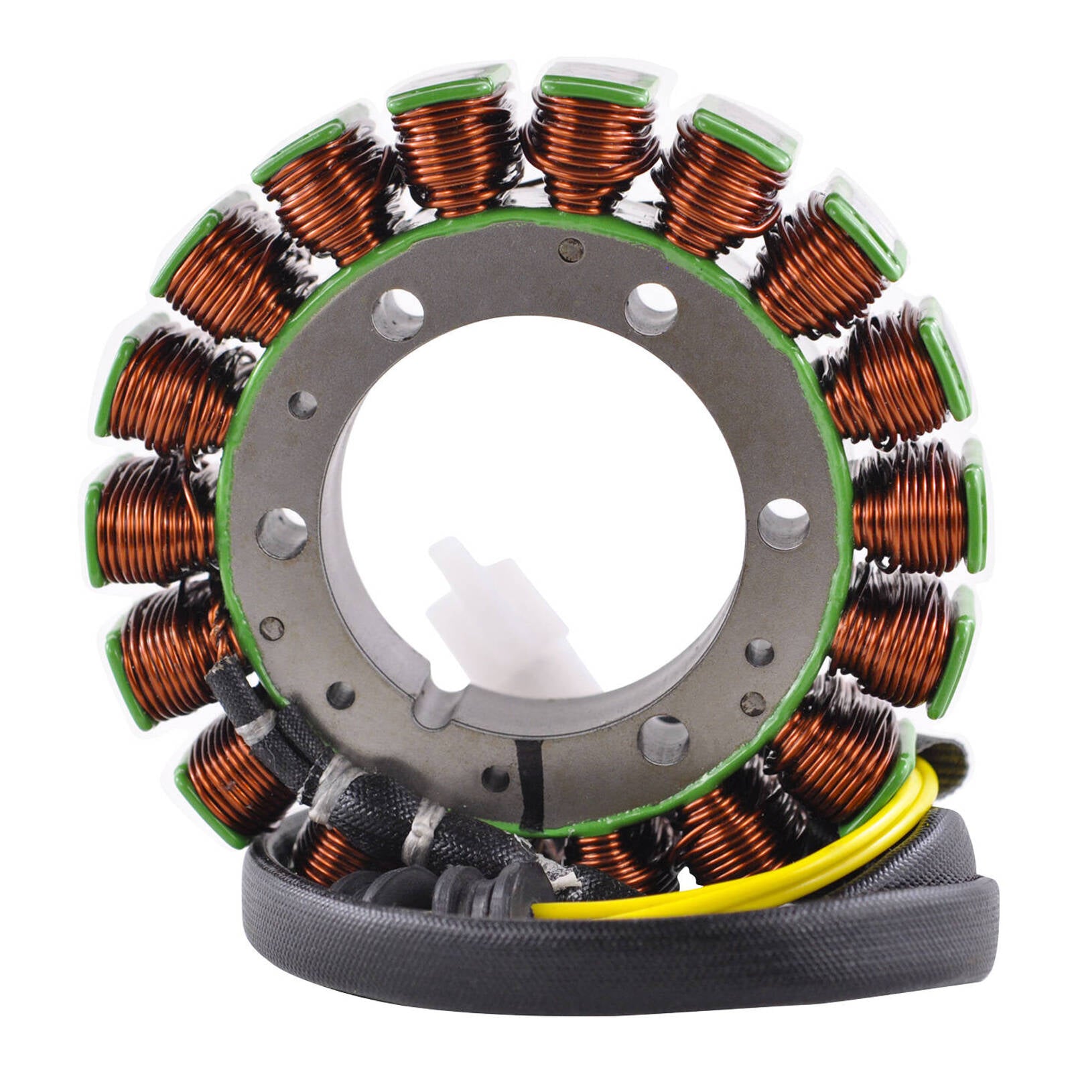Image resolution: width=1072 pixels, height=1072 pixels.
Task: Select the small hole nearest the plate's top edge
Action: pyautogui.click(x=571, y=250)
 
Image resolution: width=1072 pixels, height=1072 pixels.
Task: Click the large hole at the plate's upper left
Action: pyautogui.click(x=398, y=314)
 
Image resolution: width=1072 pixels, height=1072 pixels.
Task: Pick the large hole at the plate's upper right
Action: pyautogui.click(x=651, y=308)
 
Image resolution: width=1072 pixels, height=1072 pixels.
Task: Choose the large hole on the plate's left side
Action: pyautogui.click(x=281, y=533)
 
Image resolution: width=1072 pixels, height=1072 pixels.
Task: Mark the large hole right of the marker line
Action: pyautogui.click(x=663, y=740)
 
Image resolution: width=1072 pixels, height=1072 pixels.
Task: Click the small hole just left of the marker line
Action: pyautogui.click(x=495, y=779)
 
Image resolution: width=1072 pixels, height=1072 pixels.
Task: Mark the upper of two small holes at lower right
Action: pyautogui.click(x=759, y=652)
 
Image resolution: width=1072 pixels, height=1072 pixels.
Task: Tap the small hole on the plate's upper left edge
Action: pyautogui.click(x=302, y=405)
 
